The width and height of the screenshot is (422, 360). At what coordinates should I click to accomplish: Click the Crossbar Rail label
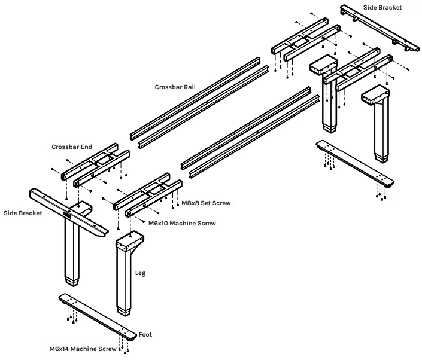pos(175,87)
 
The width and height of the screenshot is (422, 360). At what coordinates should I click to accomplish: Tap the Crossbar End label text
pos(71,147)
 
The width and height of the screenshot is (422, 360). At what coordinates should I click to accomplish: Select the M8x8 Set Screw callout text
pos(206,203)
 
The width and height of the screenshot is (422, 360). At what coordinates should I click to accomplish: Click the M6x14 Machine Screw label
pos(83,349)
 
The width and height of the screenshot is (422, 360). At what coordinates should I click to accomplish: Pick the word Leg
pos(140,273)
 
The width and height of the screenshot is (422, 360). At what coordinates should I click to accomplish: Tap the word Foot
pos(145,335)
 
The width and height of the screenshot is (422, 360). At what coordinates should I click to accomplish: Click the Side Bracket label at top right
pos(382,8)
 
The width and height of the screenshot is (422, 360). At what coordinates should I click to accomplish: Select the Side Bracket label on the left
pos(23,213)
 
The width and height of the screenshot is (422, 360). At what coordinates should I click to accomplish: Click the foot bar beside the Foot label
pos(99,316)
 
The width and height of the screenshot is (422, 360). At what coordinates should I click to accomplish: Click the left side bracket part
pos(68,212)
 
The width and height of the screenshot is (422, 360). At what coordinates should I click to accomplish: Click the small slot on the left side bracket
pos(67,212)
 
